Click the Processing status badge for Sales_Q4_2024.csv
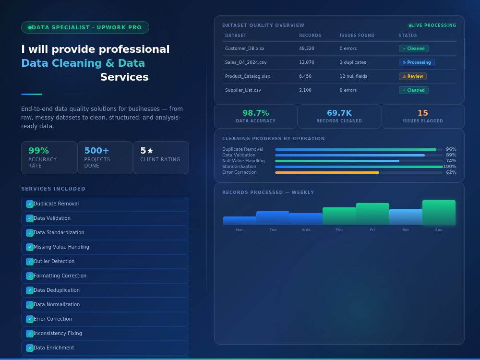tap(417, 62)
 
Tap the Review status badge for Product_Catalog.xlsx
tap(413, 76)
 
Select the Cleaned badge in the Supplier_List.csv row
tap(414, 90)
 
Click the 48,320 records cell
tap(306, 48)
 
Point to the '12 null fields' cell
tap(353, 76)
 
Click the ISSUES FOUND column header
tap(357, 36)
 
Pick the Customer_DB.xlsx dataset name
tap(245, 48)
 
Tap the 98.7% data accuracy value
tap(256, 113)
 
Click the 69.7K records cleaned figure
tap(339, 113)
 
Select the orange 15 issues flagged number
tap(423, 113)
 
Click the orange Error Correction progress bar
tap(327, 173)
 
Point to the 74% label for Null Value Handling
tap(451, 161)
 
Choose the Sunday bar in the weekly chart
tap(439, 213)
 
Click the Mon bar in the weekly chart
tap(240, 221)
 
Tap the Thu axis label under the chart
tap(339, 229)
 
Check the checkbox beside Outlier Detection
tap(30, 262)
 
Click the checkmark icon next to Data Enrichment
tap(30, 348)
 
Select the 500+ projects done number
tap(96, 151)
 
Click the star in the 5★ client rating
tap(150, 151)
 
